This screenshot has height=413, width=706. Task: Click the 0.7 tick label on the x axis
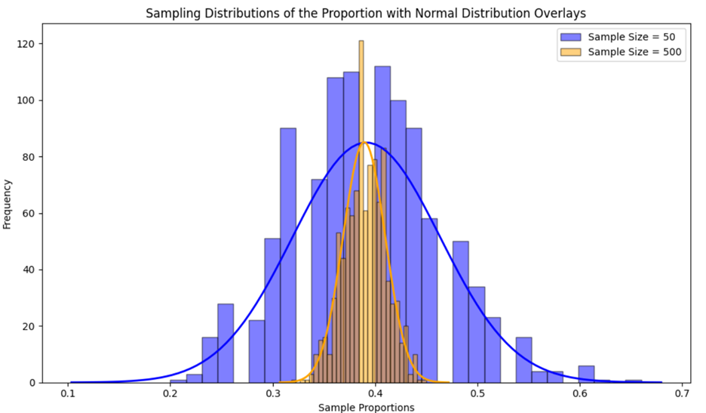coord(683,393)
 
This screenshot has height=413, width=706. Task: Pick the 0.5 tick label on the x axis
coord(479,393)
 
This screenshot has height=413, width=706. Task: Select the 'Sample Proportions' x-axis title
coord(367,407)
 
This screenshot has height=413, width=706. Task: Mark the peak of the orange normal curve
coord(365,142)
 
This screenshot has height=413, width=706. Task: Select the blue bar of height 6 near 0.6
coord(586,374)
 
